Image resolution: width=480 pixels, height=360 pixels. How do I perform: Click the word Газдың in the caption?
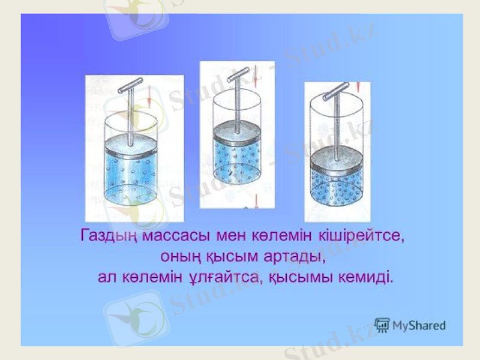pos(109,235)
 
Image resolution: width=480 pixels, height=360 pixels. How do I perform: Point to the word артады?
pos(292,256)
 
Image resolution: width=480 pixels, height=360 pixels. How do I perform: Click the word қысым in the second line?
pos(233,256)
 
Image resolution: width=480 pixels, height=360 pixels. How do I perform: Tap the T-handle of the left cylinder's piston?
pos(130,87)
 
